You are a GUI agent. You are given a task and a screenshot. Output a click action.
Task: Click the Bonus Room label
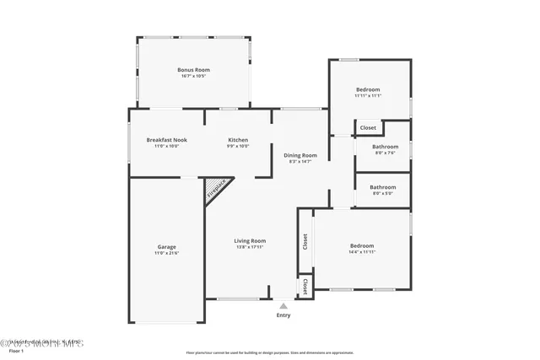pyautogui.click(x=193, y=70)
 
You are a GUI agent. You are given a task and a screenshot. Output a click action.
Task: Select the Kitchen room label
pyautogui.click(x=238, y=139)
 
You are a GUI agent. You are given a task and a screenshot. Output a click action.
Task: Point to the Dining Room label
pyautogui.click(x=300, y=155)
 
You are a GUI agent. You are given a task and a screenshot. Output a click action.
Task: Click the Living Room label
pyautogui.click(x=250, y=241)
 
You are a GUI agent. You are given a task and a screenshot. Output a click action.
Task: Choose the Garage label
pyautogui.click(x=166, y=247)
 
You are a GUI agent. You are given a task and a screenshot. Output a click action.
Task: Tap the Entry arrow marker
pyautogui.click(x=283, y=307)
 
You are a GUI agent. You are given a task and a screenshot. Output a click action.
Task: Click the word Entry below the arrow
pyautogui.click(x=283, y=315)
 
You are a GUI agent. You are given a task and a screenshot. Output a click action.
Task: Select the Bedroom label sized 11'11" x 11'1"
pyautogui.click(x=368, y=89)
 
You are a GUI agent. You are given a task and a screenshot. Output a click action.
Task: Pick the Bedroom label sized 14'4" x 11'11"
pyautogui.click(x=363, y=245)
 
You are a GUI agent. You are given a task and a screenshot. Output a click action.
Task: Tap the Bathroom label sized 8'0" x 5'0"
pyautogui.click(x=383, y=187)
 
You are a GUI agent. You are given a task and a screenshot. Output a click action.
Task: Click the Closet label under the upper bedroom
pyautogui.click(x=368, y=128)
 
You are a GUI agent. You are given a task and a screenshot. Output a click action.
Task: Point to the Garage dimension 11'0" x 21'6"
pyautogui.click(x=166, y=253)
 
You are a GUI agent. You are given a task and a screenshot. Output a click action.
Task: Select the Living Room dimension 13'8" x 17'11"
pyautogui.click(x=250, y=247)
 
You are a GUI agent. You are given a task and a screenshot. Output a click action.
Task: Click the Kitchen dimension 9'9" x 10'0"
pyautogui.click(x=238, y=146)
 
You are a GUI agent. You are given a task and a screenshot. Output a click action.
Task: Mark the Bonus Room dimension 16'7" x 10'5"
pyautogui.click(x=193, y=77)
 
